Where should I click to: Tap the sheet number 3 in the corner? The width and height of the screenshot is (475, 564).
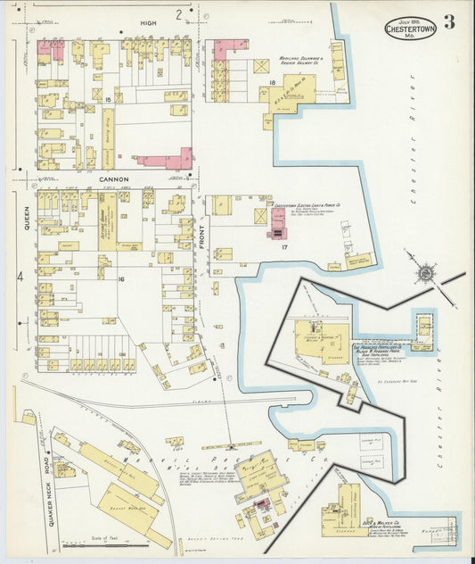(x=449, y=22)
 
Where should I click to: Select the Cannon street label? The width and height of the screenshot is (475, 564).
(x=114, y=178)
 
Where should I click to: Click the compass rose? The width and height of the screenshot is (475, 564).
(x=426, y=272)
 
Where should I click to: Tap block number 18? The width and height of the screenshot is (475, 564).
(x=270, y=83)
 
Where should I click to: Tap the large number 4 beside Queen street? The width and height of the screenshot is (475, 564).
(x=19, y=278)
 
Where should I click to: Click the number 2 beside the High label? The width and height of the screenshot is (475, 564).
(x=178, y=13)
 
